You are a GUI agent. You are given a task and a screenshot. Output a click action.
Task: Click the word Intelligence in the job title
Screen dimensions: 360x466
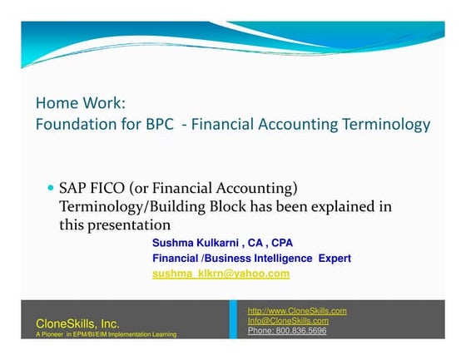point(264,258)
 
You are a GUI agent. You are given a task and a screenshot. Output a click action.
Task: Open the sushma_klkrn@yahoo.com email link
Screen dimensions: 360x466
point(221,274)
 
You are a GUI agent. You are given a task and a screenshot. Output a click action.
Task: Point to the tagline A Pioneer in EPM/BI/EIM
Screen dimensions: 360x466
point(106,334)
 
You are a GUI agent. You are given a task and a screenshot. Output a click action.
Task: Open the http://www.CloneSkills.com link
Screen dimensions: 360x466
point(297,311)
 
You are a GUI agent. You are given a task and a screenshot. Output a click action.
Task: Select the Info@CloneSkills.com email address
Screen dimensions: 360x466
point(288,320)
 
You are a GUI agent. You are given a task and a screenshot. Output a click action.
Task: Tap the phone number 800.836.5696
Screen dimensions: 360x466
point(304,330)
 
